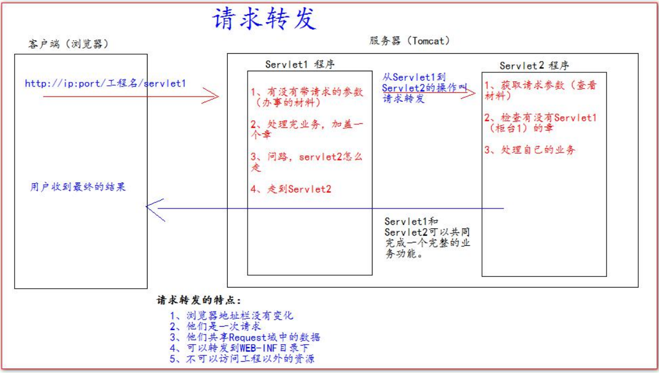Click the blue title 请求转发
(265, 19)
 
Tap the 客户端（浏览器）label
(68, 44)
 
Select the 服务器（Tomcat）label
(410, 41)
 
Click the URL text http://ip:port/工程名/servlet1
(105, 83)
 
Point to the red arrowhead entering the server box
(211, 96)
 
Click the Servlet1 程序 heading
(300, 64)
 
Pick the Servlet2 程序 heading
(534, 66)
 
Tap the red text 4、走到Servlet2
(291, 189)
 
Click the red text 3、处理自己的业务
(530, 150)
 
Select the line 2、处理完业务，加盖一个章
(307, 129)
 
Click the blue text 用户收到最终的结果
(78, 187)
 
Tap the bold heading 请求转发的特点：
(199, 300)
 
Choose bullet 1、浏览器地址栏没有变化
(232, 315)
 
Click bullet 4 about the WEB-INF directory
(240, 348)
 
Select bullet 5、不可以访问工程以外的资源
(242, 359)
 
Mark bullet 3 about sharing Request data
(245, 337)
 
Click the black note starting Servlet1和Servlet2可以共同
(427, 237)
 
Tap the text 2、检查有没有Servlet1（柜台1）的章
(540, 123)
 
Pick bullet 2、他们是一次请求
(215, 326)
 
